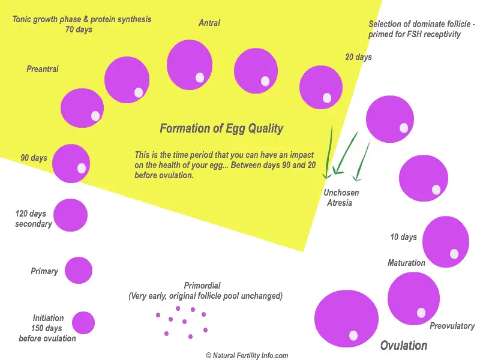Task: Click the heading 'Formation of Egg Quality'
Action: coord(221,128)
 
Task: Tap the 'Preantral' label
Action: coord(43,69)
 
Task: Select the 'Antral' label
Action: coord(209,23)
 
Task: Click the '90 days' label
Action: coord(34,158)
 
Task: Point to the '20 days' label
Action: coord(358,57)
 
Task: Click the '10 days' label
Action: coord(403,237)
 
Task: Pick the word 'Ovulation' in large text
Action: coord(404,346)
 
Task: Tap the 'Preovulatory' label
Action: coord(452,326)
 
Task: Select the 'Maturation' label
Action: coord(406,263)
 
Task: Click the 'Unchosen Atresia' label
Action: coord(341,198)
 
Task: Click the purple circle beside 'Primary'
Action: coord(79,271)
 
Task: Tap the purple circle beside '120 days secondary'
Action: coord(70,215)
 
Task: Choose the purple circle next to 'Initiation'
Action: coord(83,323)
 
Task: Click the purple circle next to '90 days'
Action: coord(71,163)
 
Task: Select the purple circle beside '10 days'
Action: coord(445,242)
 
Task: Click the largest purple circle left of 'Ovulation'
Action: coord(346,319)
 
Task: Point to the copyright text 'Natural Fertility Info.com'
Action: coord(247,355)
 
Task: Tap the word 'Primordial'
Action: coord(202,286)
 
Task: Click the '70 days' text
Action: coord(79,29)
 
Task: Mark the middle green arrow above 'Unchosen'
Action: coord(346,153)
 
